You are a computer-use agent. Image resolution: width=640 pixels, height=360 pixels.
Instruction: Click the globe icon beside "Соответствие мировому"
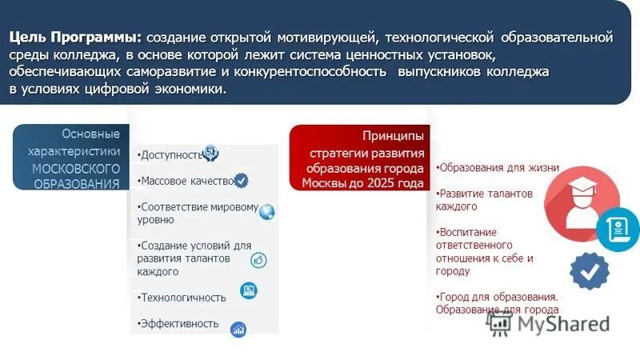click(x=267, y=211)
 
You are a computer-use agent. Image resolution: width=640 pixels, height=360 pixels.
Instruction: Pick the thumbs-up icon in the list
click(x=258, y=260)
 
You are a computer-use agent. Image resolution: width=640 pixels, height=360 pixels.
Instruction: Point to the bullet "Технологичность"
click(x=182, y=298)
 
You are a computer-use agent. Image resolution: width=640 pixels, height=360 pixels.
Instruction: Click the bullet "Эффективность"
click(x=178, y=323)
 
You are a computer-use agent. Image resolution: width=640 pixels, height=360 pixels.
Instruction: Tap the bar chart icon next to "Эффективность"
click(x=238, y=329)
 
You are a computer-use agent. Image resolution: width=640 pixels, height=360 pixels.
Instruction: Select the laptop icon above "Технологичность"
click(x=248, y=290)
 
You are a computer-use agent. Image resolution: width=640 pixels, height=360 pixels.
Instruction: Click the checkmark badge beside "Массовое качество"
click(x=241, y=181)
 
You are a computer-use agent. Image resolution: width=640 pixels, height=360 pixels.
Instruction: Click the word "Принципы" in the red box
click(x=392, y=136)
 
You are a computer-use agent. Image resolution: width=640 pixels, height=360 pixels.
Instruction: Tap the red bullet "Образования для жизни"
click(x=498, y=168)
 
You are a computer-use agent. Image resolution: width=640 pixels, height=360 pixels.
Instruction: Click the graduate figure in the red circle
click(x=582, y=204)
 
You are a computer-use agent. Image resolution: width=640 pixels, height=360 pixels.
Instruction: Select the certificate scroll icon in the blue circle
click(x=618, y=230)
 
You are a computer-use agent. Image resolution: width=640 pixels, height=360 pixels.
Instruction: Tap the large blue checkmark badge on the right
click(x=590, y=271)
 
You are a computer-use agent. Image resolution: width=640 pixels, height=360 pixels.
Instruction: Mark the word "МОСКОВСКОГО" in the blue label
click(x=76, y=169)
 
